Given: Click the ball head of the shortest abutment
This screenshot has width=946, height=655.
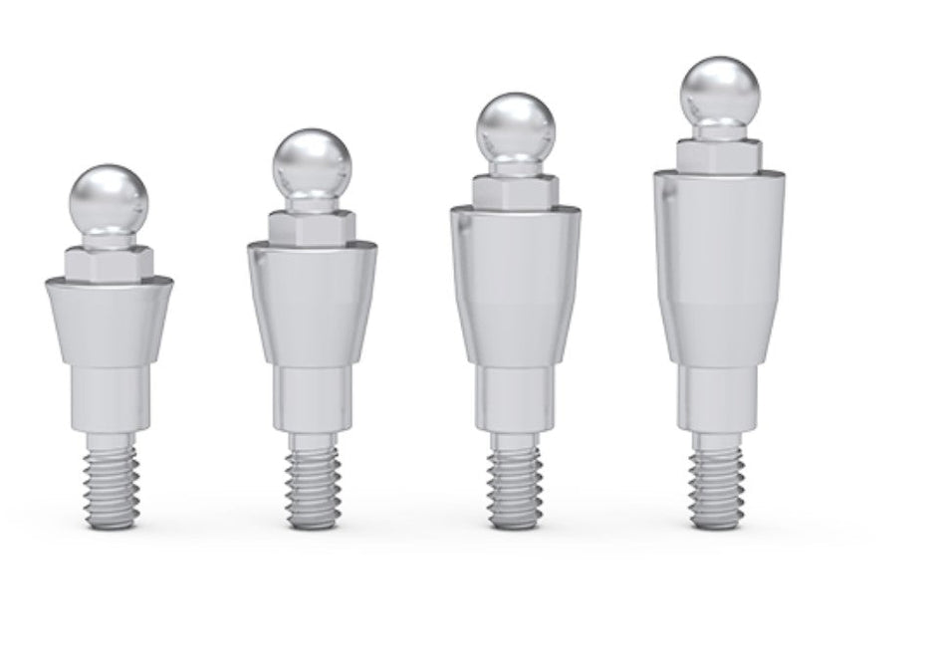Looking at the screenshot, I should [110, 196].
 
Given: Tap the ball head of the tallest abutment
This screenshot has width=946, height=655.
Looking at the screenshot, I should [719, 91].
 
